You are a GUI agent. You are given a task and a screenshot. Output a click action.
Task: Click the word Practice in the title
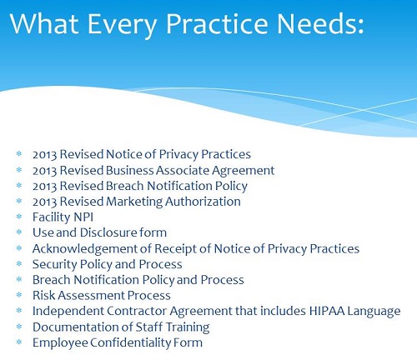(x=217, y=24)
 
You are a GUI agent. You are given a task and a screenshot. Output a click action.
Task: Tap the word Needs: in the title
(x=320, y=24)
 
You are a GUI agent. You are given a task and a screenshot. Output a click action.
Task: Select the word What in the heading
(x=44, y=23)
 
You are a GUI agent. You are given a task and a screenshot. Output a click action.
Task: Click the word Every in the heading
(x=123, y=26)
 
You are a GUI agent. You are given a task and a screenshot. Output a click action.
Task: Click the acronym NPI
(x=83, y=217)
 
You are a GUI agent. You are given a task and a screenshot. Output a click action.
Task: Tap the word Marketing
(x=134, y=202)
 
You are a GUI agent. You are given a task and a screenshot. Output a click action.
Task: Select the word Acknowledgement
(x=85, y=249)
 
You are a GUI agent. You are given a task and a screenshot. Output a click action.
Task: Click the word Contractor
(x=137, y=311)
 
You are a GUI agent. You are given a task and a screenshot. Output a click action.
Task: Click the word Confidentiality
(x=130, y=342)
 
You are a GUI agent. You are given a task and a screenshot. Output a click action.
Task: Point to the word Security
(x=55, y=265)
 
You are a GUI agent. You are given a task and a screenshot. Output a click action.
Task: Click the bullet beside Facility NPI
(x=19, y=217)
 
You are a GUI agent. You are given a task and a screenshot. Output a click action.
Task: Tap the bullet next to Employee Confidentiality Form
(x=19, y=342)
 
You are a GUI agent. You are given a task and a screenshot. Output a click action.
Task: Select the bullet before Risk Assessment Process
(x=19, y=295)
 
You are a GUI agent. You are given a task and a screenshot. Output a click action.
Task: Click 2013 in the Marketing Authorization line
(x=45, y=202)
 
